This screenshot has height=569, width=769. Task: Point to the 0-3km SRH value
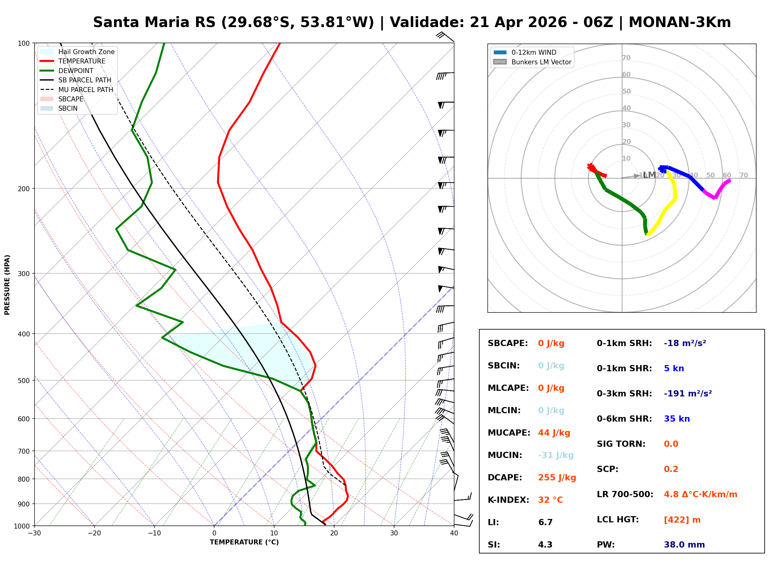(x=688, y=393)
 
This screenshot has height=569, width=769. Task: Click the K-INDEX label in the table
(x=508, y=500)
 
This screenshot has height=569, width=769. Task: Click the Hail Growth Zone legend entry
(x=86, y=52)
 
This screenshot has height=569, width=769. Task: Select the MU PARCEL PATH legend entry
(x=85, y=90)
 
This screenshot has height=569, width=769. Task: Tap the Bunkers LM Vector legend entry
(x=541, y=62)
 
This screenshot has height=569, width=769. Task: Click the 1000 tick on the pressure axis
(x=22, y=526)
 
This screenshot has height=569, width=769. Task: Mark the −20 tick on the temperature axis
(x=94, y=533)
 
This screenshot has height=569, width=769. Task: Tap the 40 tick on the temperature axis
(x=454, y=533)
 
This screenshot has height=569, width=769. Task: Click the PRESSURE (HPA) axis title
(x=7, y=284)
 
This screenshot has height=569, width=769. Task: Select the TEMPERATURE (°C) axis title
(x=244, y=542)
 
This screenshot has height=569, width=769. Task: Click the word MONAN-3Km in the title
(x=679, y=22)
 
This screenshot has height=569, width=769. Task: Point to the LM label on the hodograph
(x=649, y=175)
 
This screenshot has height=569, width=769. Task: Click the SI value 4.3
(x=545, y=544)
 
